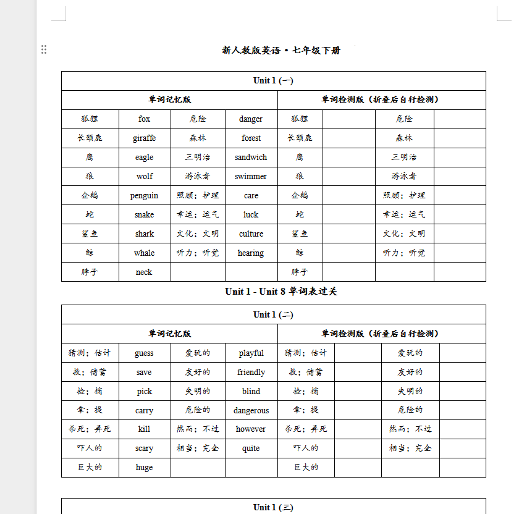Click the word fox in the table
144,119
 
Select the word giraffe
144,138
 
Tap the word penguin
144,196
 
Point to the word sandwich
251,158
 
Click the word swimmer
251,177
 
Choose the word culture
251,234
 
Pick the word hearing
251,253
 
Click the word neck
144,272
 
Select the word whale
144,253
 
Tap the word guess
144,353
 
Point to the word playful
251,353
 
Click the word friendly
251,373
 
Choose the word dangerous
251,411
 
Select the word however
251,429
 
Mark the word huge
144,468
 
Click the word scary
144,449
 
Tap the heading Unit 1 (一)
273,81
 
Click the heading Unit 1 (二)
273,314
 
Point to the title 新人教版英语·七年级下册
281,51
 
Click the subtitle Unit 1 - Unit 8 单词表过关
281,292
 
